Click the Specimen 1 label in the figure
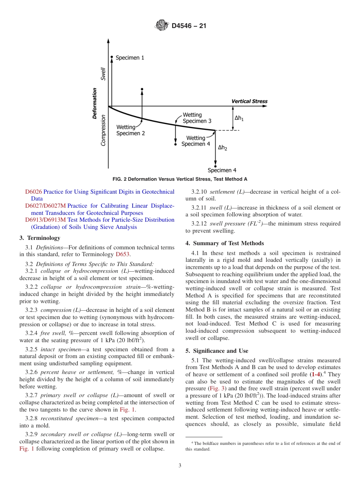tap(130, 58)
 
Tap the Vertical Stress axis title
tap(249, 101)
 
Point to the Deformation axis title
tap(95, 103)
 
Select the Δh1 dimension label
tap(239, 118)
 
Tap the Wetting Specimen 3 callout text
tap(197, 118)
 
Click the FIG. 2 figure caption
tap(180, 179)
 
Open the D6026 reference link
tap(34, 192)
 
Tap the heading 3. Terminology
tap(40, 238)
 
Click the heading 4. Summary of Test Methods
tap(225, 243)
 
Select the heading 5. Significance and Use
tap(217, 351)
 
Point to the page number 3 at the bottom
tap(180, 466)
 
